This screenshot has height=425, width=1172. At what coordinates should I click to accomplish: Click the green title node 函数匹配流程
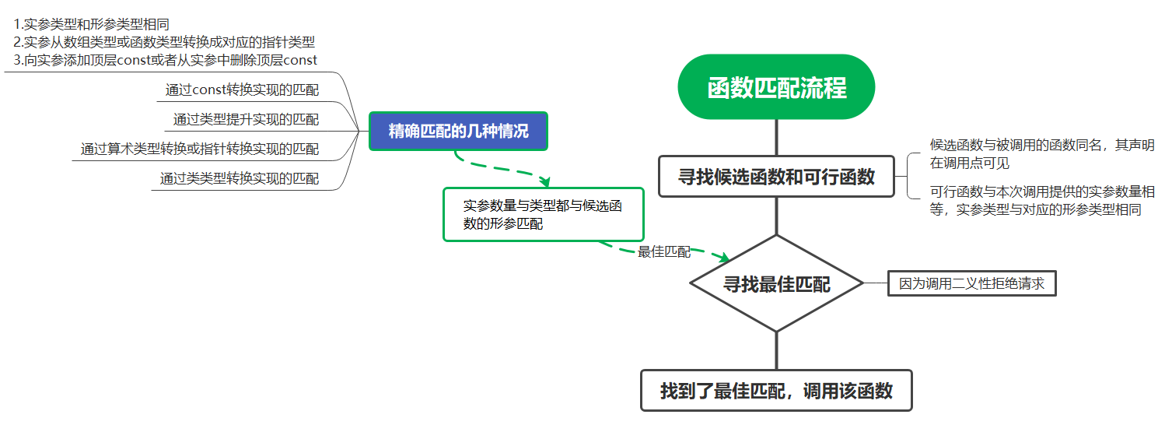[x=776, y=87]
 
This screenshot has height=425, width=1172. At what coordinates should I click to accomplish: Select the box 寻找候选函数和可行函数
[x=776, y=177]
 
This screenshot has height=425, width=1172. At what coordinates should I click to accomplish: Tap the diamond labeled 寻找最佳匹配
[x=776, y=284]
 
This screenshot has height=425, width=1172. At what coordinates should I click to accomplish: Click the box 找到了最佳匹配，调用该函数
[x=776, y=390]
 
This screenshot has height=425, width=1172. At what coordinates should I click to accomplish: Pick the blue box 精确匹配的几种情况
[x=458, y=131]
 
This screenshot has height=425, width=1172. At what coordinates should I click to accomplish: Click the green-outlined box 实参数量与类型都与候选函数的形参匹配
[x=543, y=214]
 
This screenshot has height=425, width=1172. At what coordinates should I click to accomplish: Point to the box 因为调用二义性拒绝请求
[x=971, y=284]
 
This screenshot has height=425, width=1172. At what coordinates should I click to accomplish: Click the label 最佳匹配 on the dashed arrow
[x=663, y=251]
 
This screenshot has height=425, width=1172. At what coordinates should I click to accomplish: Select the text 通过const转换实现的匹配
[x=242, y=90]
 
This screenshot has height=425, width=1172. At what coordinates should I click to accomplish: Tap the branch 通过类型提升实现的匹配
[x=246, y=120]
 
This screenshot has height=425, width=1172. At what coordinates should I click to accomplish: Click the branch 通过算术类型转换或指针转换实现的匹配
[x=200, y=149]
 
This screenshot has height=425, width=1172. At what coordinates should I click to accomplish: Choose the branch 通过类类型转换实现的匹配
[x=240, y=179]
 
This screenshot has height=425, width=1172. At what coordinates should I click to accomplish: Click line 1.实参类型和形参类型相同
[x=92, y=24]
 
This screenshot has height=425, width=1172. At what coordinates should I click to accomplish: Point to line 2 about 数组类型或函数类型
[x=164, y=42]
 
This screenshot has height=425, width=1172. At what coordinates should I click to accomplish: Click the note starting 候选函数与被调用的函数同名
[x=1041, y=154]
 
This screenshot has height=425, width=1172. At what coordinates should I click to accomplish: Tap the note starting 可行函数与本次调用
[x=1041, y=200]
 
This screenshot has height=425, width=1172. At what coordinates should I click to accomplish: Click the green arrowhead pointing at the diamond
[x=723, y=258]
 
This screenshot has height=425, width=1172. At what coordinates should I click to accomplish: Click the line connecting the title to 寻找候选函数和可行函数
[x=776, y=137]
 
